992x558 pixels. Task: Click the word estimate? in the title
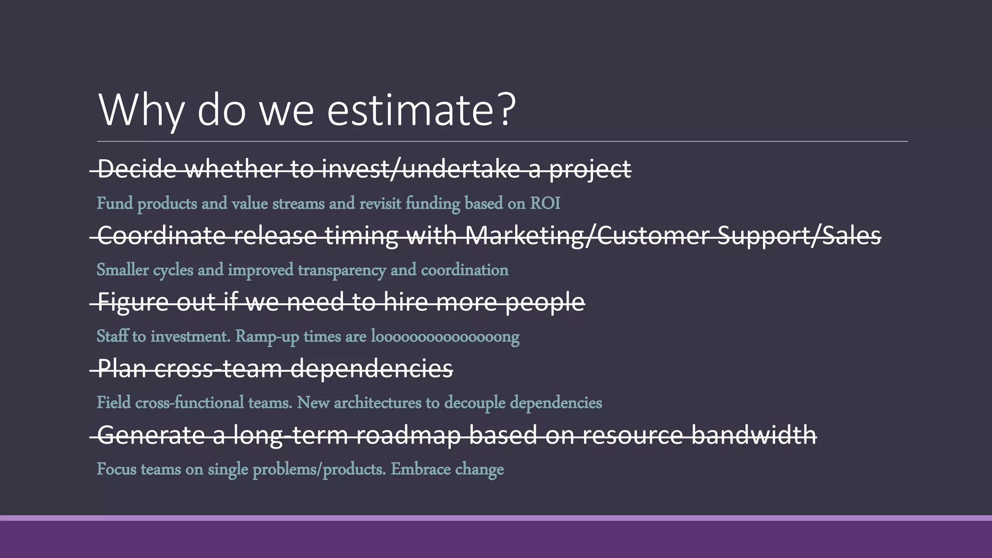click(x=421, y=110)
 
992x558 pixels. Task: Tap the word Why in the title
click(x=141, y=110)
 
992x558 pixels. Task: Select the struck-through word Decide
click(x=137, y=169)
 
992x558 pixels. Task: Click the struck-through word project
click(x=590, y=169)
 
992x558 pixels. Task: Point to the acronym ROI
click(x=545, y=203)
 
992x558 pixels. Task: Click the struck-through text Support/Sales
click(x=799, y=236)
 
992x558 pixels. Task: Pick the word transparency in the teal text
click(x=341, y=270)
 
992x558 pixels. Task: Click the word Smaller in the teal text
click(x=123, y=270)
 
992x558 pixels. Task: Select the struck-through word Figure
click(x=133, y=302)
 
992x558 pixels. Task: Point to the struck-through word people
click(x=545, y=302)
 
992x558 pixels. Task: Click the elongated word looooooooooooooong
click(x=445, y=336)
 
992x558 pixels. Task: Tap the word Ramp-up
click(x=267, y=336)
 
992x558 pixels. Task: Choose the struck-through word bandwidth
click(x=753, y=435)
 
